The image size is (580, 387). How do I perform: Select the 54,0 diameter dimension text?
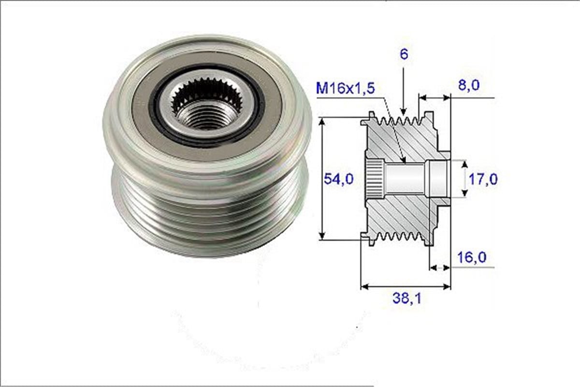pyautogui.click(x=338, y=179)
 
